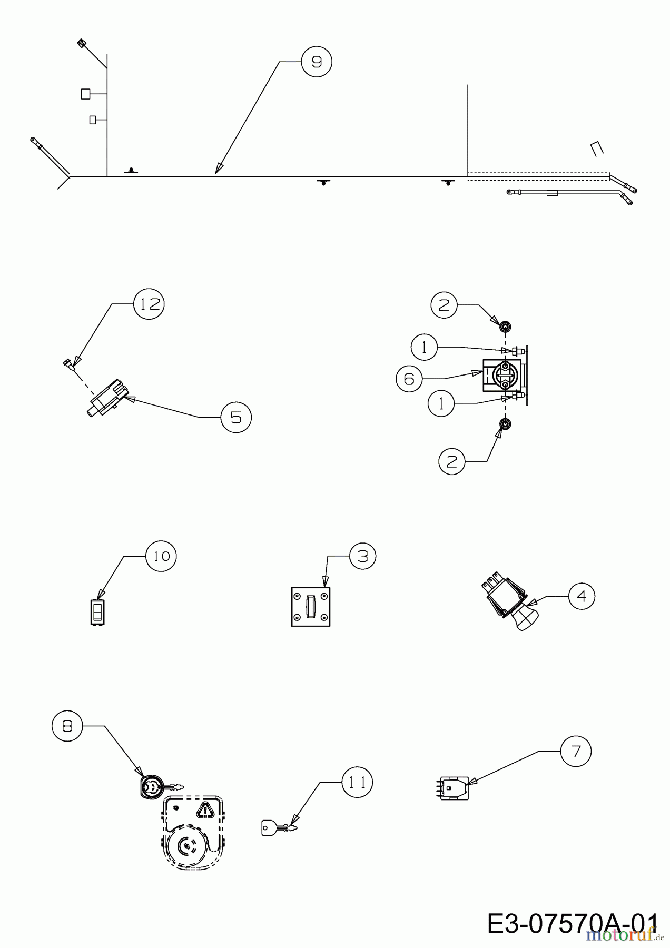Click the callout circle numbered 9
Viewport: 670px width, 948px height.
(x=317, y=62)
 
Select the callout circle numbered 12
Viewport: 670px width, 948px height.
(x=149, y=304)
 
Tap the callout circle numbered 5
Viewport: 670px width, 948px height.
(x=236, y=417)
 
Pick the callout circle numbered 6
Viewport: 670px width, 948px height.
(x=409, y=379)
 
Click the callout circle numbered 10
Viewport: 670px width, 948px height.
(x=162, y=556)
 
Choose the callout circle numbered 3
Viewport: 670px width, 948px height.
(x=362, y=556)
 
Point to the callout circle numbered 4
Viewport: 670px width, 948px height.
(x=582, y=596)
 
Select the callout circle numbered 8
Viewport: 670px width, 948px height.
(x=67, y=726)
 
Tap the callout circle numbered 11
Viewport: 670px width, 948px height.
(x=357, y=783)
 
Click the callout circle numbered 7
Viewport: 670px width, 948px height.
(x=576, y=751)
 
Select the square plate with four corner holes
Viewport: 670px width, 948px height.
(x=311, y=607)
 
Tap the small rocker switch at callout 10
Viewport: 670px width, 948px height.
(x=97, y=613)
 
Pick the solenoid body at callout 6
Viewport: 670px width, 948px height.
(x=501, y=374)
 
